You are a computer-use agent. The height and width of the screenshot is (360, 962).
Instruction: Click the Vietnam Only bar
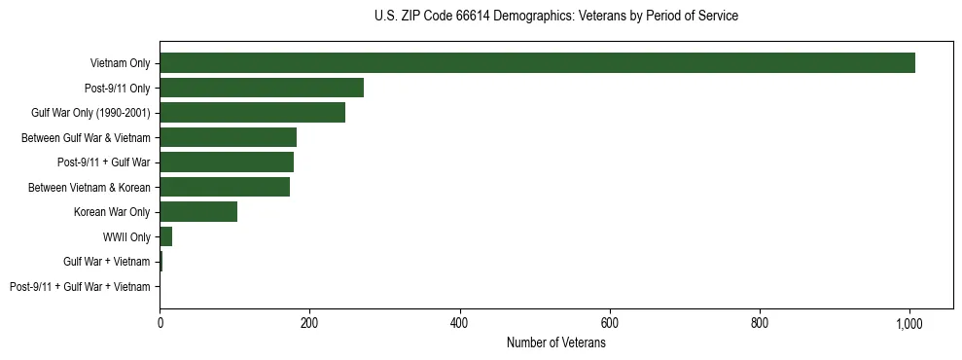click(x=537, y=63)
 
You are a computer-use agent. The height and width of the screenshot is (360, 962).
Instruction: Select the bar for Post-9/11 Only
click(x=262, y=88)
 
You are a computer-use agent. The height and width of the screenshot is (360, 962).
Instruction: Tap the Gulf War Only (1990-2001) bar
click(x=252, y=113)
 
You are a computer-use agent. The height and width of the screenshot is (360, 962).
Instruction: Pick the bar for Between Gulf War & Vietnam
click(x=228, y=137)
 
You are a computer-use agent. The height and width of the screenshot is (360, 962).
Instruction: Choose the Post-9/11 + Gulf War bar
click(x=227, y=162)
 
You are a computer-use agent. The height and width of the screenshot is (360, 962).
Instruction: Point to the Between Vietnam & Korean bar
click(x=225, y=187)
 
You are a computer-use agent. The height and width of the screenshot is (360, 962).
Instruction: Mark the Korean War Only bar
click(x=198, y=212)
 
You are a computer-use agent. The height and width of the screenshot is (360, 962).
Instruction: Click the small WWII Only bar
click(x=166, y=236)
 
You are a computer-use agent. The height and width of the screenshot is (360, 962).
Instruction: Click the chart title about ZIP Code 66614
click(x=555, y=17)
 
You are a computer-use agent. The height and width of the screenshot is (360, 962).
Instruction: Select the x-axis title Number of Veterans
click(x=555, y=343)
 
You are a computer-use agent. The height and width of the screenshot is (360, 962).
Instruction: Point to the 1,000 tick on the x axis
click(x=909, y=322)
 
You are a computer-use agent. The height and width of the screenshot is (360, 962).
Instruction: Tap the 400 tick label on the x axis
click(x=460, y=322)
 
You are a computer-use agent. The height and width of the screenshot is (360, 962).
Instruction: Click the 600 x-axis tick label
click(x=610, y=322)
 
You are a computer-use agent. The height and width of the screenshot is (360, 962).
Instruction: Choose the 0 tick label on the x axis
click(x=160, y=322)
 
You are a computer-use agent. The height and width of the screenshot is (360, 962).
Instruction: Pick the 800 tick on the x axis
click(x=760, y=322)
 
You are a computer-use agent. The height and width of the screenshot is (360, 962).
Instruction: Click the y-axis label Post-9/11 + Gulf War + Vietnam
click(x=80, y=287)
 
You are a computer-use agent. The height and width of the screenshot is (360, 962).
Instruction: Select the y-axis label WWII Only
click(x=126, y=237)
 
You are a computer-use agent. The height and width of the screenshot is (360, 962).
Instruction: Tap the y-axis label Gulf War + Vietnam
click(x=107, y=262)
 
